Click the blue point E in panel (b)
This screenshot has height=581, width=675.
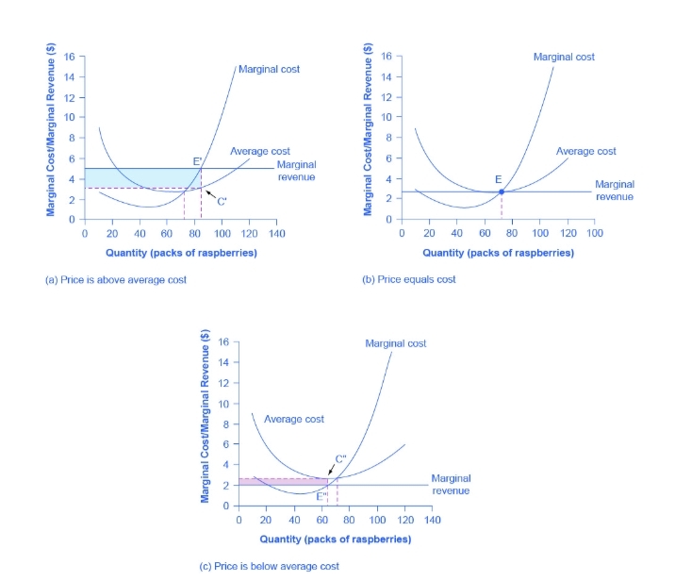click(502, 191)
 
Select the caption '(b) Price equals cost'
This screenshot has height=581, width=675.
click(409, 280)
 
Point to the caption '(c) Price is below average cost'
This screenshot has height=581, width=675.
click(269, 566)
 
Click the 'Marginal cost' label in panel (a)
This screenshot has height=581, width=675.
click(270, 69)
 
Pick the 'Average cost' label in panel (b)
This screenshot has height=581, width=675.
click(585, 151)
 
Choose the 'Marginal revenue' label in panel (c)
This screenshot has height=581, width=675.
click(451, 485)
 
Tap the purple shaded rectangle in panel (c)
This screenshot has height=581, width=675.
click(283, 481)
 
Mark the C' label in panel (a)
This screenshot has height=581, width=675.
click(222, 201)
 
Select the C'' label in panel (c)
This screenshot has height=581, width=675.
click(340, 458)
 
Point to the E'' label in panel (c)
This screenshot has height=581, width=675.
click(322, 496)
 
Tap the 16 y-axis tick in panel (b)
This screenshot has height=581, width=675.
click(386, 57)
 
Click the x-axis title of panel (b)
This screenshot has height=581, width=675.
click(498, 253)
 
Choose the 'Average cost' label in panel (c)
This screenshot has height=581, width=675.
click(294, 419)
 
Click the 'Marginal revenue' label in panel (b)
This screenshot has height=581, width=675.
click(615, 190)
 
